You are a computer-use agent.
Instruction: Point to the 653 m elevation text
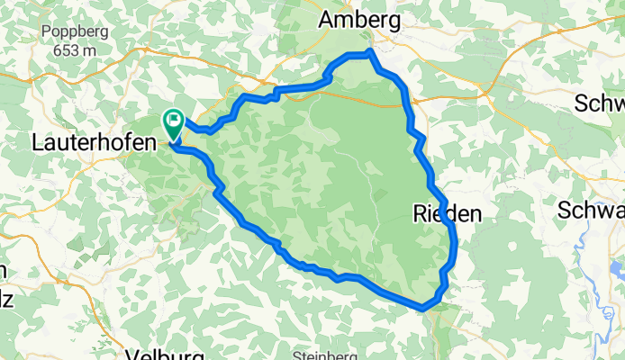pyautogui.click(x=76, y=50)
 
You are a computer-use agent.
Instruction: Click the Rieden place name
pyautogui.click(x=448, y=214)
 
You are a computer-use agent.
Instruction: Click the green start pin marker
pyautogui.click(x=172, y=123)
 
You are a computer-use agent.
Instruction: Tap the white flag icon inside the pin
pyautogui.click(x=172, y=120)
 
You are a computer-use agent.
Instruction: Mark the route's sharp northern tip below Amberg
pyautogui.click(x=370, y=54)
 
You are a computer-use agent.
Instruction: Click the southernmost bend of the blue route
pyautogui.click(x=422, y=308)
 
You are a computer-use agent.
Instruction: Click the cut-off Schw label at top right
pyautogui.click(x=600, y=101)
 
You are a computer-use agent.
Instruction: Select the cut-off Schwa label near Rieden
pyautogui.click(x=591, y=211)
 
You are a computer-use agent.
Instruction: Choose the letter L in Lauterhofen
pyautogui.click(x=37, y=141)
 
